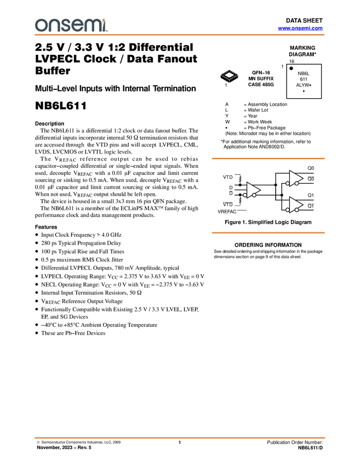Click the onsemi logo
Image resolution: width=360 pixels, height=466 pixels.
coord(70,25)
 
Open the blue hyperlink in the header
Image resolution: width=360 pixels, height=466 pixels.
coord(300,28)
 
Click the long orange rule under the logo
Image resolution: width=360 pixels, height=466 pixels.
coord(180,35)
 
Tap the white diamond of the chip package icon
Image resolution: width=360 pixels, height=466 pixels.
coord(230,75)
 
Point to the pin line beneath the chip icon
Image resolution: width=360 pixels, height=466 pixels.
coord(230,82)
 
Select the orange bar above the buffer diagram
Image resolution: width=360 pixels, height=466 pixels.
coord(268,158)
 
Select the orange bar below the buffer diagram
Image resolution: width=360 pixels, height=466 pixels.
coord(268,233)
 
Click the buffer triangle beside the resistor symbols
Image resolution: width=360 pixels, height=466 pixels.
coord(252,190)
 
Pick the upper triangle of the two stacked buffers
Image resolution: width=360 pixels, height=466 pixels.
coord(295,178)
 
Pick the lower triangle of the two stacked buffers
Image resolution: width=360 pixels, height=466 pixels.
coord(295,204)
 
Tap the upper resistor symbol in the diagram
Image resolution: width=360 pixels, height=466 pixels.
coord(240,179)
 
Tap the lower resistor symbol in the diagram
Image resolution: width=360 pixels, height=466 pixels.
coord(240,201)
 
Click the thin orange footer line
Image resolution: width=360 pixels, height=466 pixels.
coord(180,437)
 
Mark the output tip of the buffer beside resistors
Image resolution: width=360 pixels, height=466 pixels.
coord(260,190)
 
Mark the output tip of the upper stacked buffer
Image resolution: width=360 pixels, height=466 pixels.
coord(303,178)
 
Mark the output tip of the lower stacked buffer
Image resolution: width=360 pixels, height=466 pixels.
coord(303,204)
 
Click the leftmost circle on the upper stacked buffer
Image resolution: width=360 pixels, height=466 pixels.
coord(288,184)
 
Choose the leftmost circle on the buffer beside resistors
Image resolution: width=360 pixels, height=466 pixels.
coord(245,195)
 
